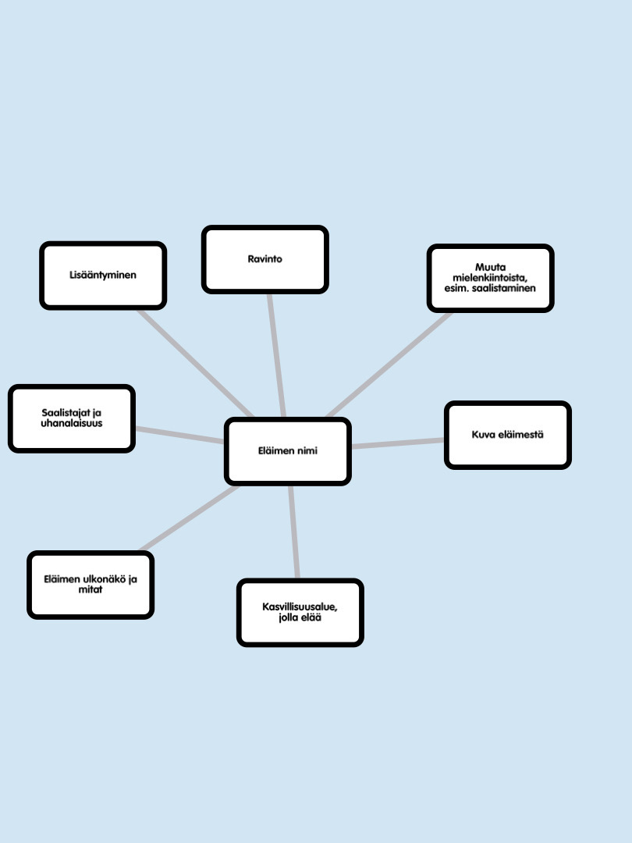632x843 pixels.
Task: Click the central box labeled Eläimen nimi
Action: point(287,451)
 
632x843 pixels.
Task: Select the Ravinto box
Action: point(265,259)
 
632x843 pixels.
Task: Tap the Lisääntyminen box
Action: point(103,276)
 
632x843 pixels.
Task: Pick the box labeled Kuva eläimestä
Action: point(507,435)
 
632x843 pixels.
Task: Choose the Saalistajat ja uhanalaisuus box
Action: point(72,418)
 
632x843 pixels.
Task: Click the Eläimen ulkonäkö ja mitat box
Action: point(91,585)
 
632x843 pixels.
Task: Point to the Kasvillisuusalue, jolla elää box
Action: point(300,613)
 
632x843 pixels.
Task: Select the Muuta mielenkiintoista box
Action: point(490,278)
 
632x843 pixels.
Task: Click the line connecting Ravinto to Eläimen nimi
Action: point(276,355)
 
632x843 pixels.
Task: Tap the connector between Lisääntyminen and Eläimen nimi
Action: point(195,363)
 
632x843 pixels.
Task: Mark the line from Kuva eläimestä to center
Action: point(398,443)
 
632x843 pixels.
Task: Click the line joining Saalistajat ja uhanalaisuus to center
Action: point(179,435)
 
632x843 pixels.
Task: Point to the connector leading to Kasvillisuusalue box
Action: point(293,532)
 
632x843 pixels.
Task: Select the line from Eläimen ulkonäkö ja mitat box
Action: point(189,518)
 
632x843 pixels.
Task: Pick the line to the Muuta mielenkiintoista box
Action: point(389,365)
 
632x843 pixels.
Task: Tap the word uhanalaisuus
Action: point(72,423)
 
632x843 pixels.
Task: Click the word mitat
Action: point(91,589)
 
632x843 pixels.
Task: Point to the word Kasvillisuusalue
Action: point(300,607)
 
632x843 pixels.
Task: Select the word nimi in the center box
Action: point(307,451)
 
